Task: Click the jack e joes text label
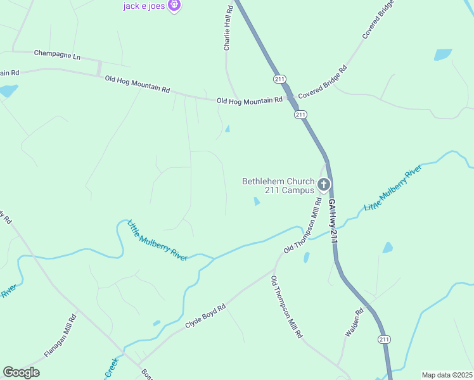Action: click(144, 6)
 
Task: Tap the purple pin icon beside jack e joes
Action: click(175, 6)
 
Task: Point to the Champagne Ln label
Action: click(57, 55)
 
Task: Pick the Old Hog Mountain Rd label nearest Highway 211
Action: click(249, 100)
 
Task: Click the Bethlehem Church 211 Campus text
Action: click(278, 186)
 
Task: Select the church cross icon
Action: click(324, 185)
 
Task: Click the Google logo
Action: click(21, 372)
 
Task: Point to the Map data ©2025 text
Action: click(447, 375)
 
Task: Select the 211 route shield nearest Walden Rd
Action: click(384, 339)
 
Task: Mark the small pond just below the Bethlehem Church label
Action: click(256, 201)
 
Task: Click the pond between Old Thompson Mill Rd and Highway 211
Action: click(306, 258)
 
